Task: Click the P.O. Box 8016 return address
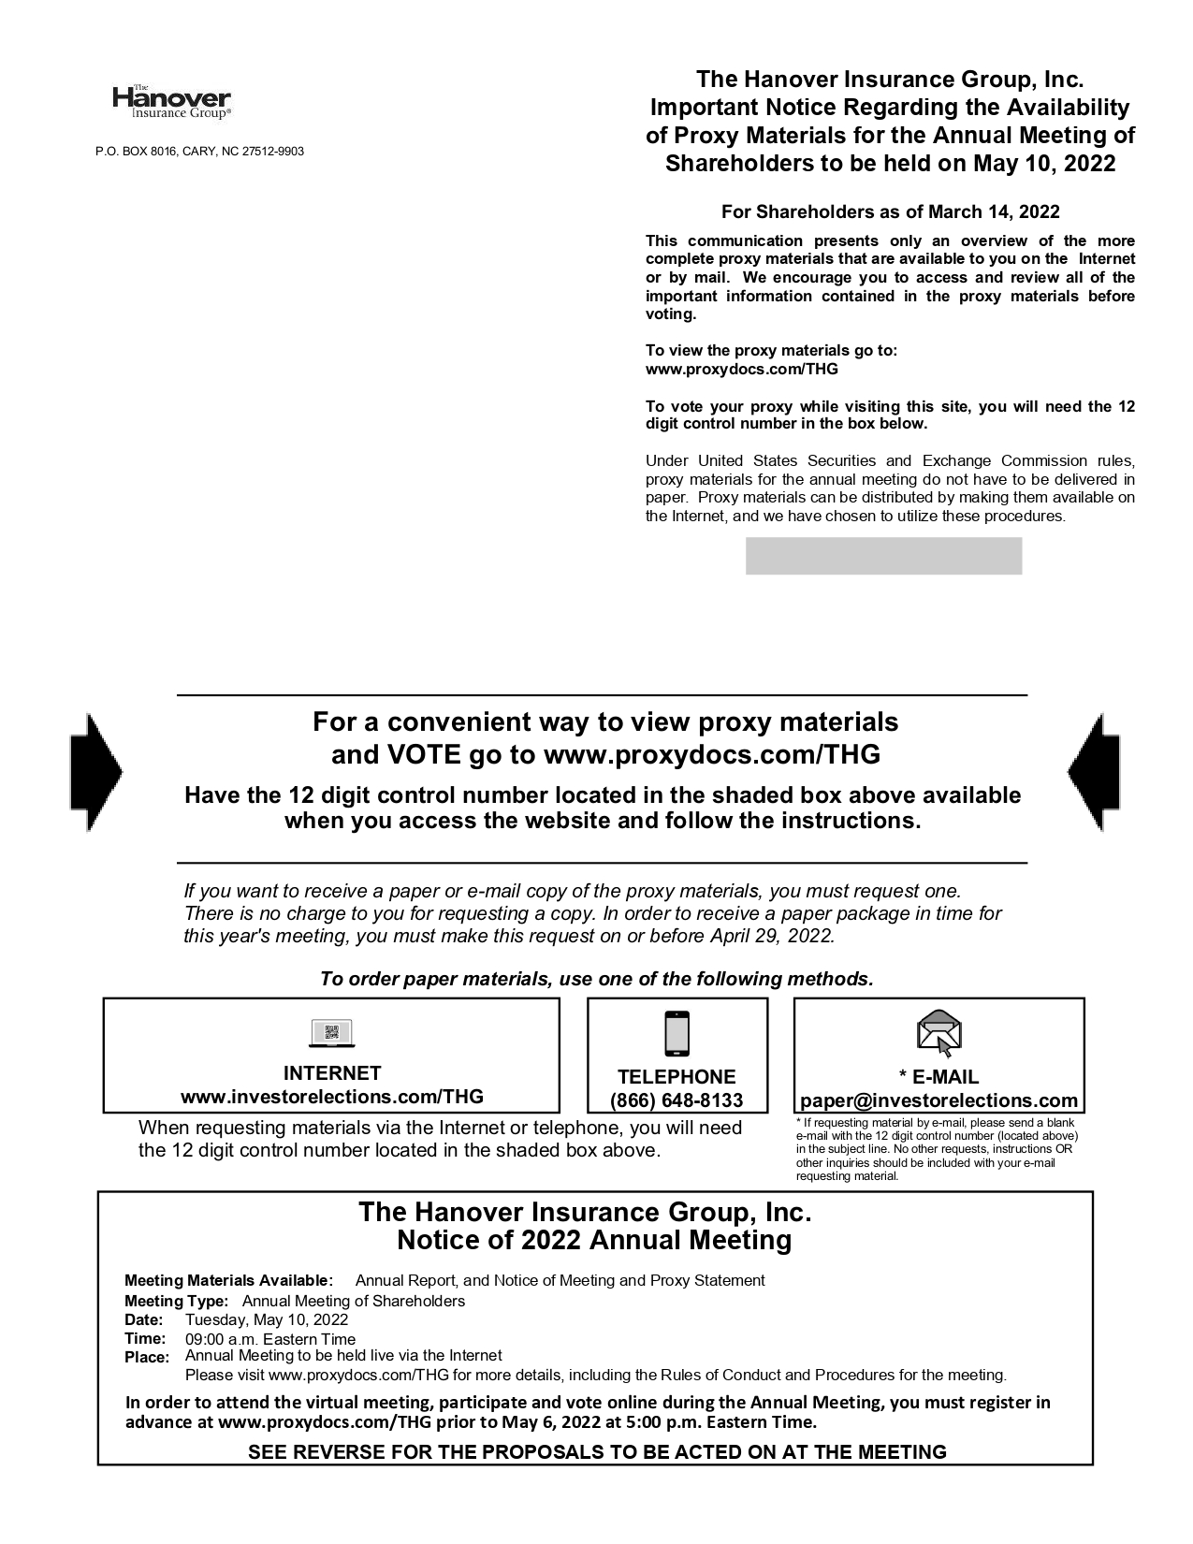(x=199, y=152)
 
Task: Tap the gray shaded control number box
(x=883, y=556)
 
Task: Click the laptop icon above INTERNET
(x=331, y=1034)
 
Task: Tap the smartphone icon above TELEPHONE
(x=677, y=1035)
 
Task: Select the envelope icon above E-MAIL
(x=939, y=1033)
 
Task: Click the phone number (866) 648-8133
(x=677, y=1100)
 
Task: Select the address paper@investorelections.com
(x=938, y=1100)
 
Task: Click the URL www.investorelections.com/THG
(x=331, y=1097)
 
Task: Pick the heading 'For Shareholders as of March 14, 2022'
(x=890, y=212)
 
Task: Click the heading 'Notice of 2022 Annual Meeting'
(x=594, y=1241)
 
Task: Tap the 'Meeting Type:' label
(x=176, y=1302)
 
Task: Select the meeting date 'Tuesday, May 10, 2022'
(x=267, y=1320)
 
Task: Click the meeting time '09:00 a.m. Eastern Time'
(x=270, y=1339)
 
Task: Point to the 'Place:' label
(x=147, y=1358)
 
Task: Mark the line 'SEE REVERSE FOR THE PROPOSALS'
(x=597, y=1452)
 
